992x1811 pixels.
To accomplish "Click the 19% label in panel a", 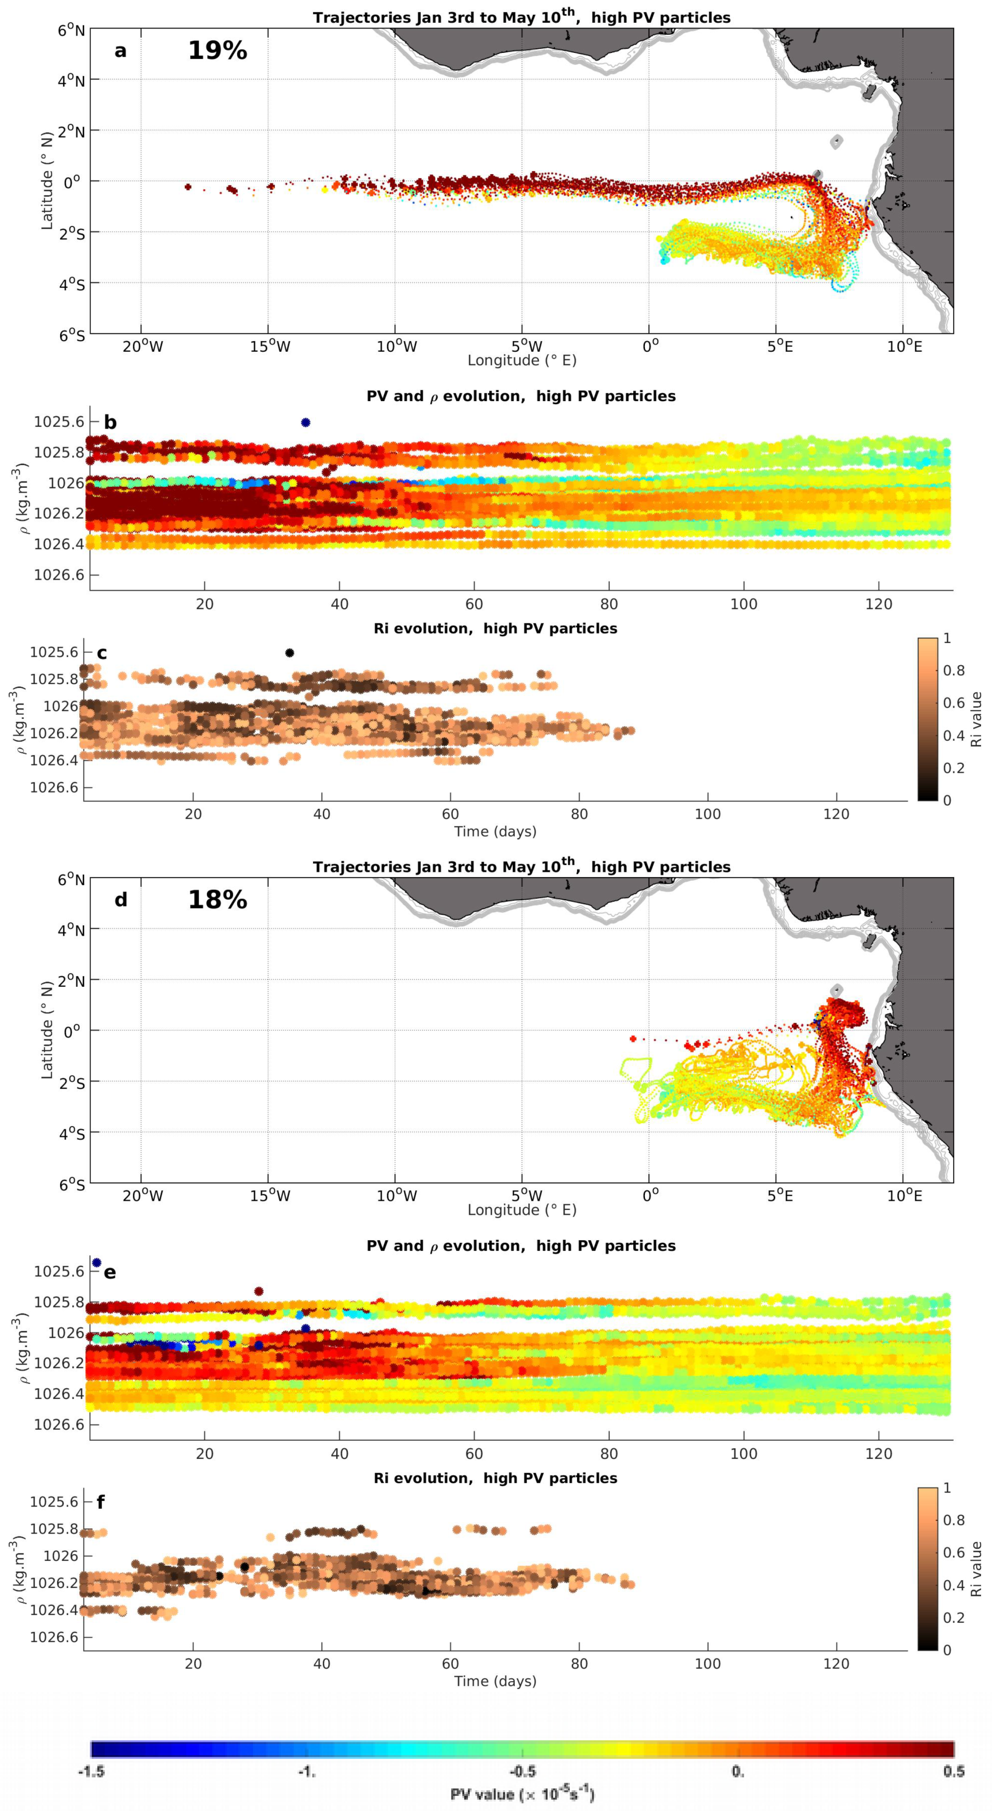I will (x=217, y=51).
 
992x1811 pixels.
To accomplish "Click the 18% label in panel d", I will (x=217, y=900).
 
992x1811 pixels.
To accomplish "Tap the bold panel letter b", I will (x=110, y=423).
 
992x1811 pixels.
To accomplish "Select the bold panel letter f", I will (x=101, y=1503).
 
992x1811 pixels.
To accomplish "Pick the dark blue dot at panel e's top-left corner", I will (x=97, y=1262).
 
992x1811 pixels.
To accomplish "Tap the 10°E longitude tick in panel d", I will (x=904, y=1196).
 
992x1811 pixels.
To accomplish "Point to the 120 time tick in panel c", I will (x=836, y=814).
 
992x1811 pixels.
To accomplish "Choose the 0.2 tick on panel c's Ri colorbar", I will (x=953, y=768).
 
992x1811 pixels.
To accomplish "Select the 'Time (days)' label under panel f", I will (x=495, y=1681).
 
